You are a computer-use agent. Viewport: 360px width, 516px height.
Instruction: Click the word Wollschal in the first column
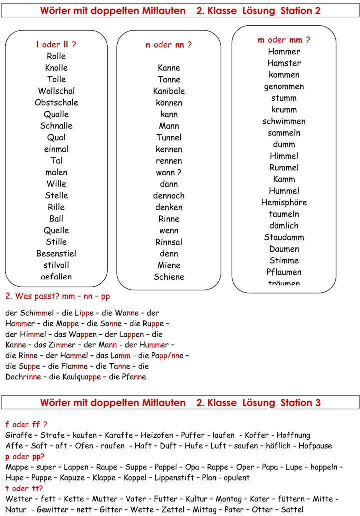(x=56, y=91)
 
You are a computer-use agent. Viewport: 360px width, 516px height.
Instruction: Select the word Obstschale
(x=56, y=102)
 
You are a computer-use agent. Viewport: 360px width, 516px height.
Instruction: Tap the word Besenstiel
(x=56, y=253)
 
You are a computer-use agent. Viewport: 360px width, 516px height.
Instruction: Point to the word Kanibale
(x=169, y=91)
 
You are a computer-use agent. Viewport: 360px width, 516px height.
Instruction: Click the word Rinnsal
(x=169, y=242)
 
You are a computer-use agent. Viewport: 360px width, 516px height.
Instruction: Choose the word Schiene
(x=169, y=277)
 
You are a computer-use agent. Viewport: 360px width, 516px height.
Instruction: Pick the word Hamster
(x=284, y=63)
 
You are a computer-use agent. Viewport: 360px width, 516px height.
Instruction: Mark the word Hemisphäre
(x=284, y=202)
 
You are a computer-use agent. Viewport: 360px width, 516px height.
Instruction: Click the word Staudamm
(x=284, y=237)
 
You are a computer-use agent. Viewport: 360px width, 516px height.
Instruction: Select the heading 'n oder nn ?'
(x=169, y=45)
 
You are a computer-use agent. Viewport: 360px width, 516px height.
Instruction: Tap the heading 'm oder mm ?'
(x=284, y=40)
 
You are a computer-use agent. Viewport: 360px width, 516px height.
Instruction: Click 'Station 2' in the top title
(x=300, y=10)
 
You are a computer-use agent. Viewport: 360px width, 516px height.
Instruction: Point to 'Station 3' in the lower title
(x=300, y=402)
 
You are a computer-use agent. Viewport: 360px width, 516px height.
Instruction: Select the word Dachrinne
(x=23, y=377)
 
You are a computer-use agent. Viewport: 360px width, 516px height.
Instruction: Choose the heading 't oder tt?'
(x=24, y=488)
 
